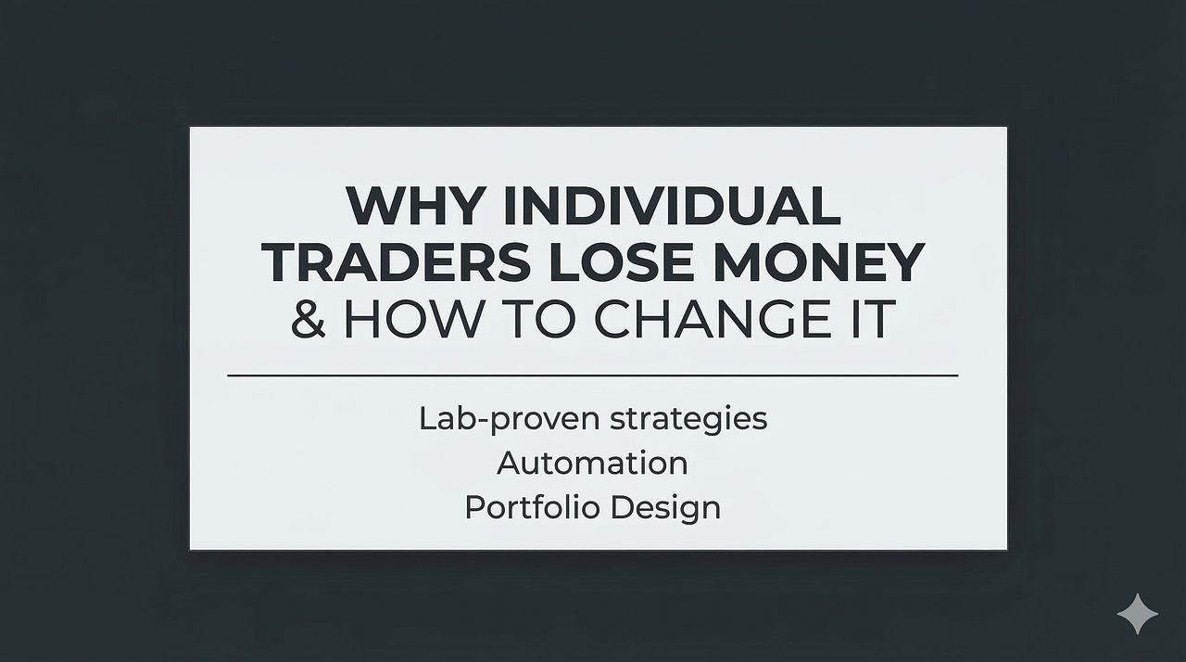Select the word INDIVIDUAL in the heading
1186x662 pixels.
point(672,206)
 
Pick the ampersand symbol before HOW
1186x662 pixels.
point(309,318)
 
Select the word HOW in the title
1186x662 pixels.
point(409,318)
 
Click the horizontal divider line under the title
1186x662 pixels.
point(593,376)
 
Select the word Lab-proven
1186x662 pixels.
point(509,419)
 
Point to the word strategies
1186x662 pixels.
point(688,419)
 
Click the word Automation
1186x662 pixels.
point(592,463)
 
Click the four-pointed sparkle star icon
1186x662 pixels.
point(1137,615)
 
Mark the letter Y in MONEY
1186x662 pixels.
point(904,262)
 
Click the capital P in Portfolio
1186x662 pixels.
point(473,507)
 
